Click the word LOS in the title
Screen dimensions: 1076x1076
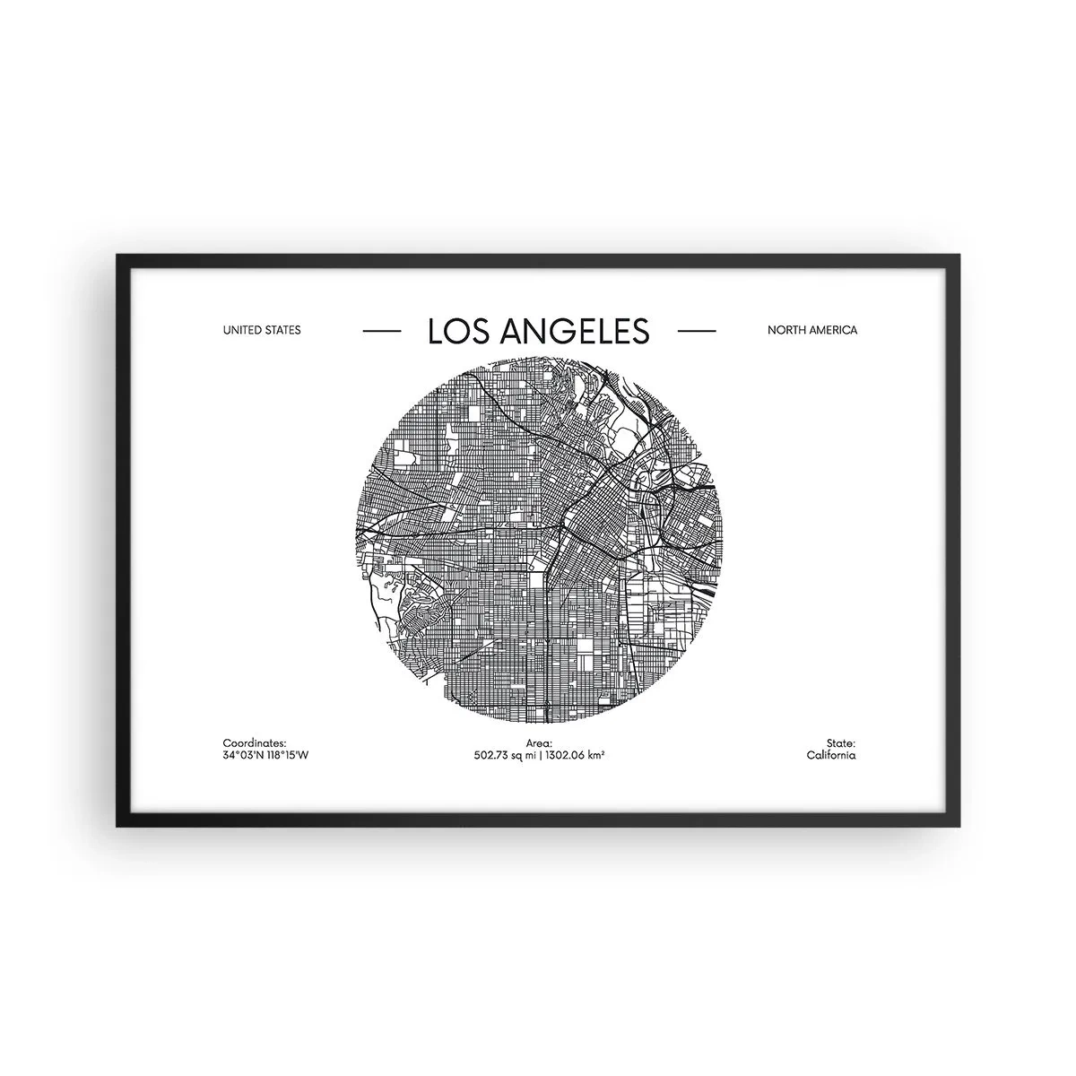(x=454, y=332)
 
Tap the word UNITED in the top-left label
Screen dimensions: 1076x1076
(x=242, y=330)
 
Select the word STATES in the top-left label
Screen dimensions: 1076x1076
(x=282, y=330)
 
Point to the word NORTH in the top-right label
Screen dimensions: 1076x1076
(x=785, y=330)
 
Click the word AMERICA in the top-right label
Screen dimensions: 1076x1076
(x=832, y=330)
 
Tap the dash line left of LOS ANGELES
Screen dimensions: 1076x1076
(x=381, y=331)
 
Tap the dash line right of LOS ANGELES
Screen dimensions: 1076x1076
(x=697, y=331)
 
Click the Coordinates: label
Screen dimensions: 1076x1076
(x=254, y=743)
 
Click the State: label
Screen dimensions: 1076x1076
(x=842, y=743)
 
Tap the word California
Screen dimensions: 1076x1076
(x=831, y=755)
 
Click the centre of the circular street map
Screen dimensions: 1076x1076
(x=539, y=540)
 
